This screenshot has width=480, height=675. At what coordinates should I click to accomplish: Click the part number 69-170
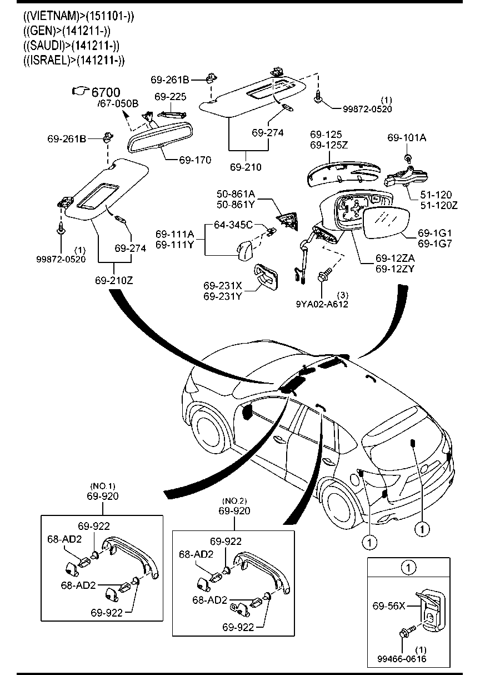[x=195, y=160]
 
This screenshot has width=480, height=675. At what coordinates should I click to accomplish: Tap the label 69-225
[x=170, y=97]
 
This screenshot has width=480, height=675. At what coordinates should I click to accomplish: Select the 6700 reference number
[x=106, y=92]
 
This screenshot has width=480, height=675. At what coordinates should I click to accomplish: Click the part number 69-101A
[x=407, y=137]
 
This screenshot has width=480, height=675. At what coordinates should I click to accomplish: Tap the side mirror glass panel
[x=387, y=221]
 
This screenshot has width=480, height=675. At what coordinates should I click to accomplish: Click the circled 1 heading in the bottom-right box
[x=408, y=568]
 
